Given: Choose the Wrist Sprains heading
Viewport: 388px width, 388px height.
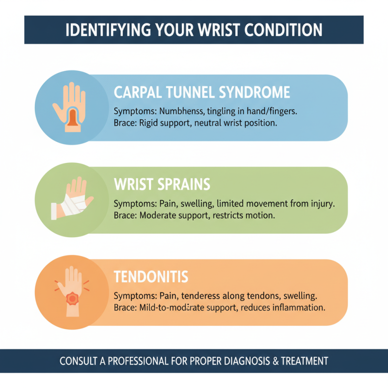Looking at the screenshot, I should click(162, 184).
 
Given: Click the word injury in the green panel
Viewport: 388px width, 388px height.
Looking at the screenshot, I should click(321, 203).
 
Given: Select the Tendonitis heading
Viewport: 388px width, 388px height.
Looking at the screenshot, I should click(151, 277).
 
